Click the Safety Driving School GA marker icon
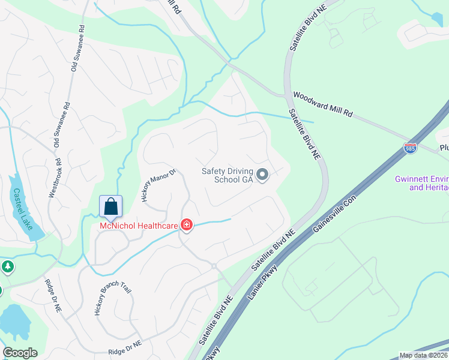[x=262, y=175]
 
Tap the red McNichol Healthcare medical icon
[x=187, y=225]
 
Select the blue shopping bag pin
[x=111, y=207]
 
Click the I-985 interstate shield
[x=410, y=148]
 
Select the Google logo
[x=20, y=353]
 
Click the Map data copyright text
[x=424, y=355]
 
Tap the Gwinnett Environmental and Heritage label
[x=421, y=184]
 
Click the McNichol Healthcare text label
[x=139, y=226]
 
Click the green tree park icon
[x=7, y=266]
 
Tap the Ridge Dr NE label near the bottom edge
[x=125, y=349]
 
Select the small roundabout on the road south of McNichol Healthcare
[x=213, y=266]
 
